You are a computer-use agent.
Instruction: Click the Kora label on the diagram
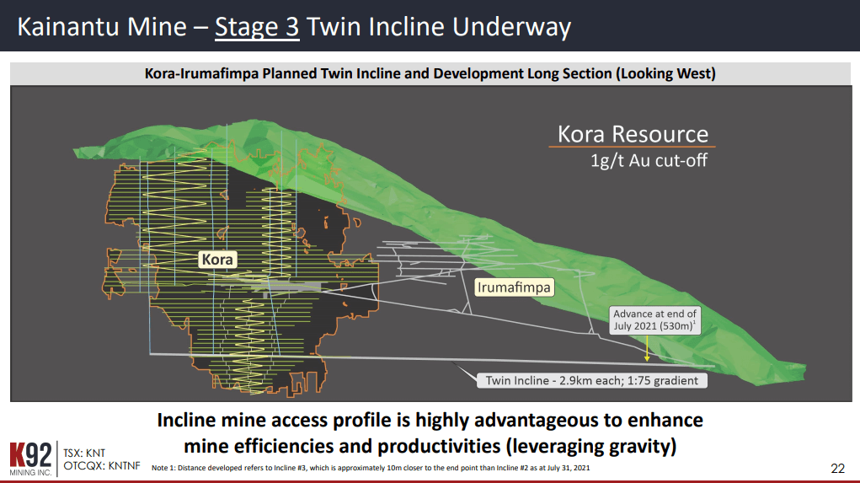[217, 260]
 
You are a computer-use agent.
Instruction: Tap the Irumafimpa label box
[514, 287]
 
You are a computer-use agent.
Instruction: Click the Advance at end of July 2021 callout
[654, 320]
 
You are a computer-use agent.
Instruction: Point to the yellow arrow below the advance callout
[645, 348]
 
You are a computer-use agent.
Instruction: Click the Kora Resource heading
[633, 134]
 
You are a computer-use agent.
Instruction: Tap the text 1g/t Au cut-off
[649, 160]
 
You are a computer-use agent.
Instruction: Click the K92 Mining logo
[29, 458]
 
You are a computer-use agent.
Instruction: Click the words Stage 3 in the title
[257, 27]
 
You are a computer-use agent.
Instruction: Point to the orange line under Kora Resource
[633, 148]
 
